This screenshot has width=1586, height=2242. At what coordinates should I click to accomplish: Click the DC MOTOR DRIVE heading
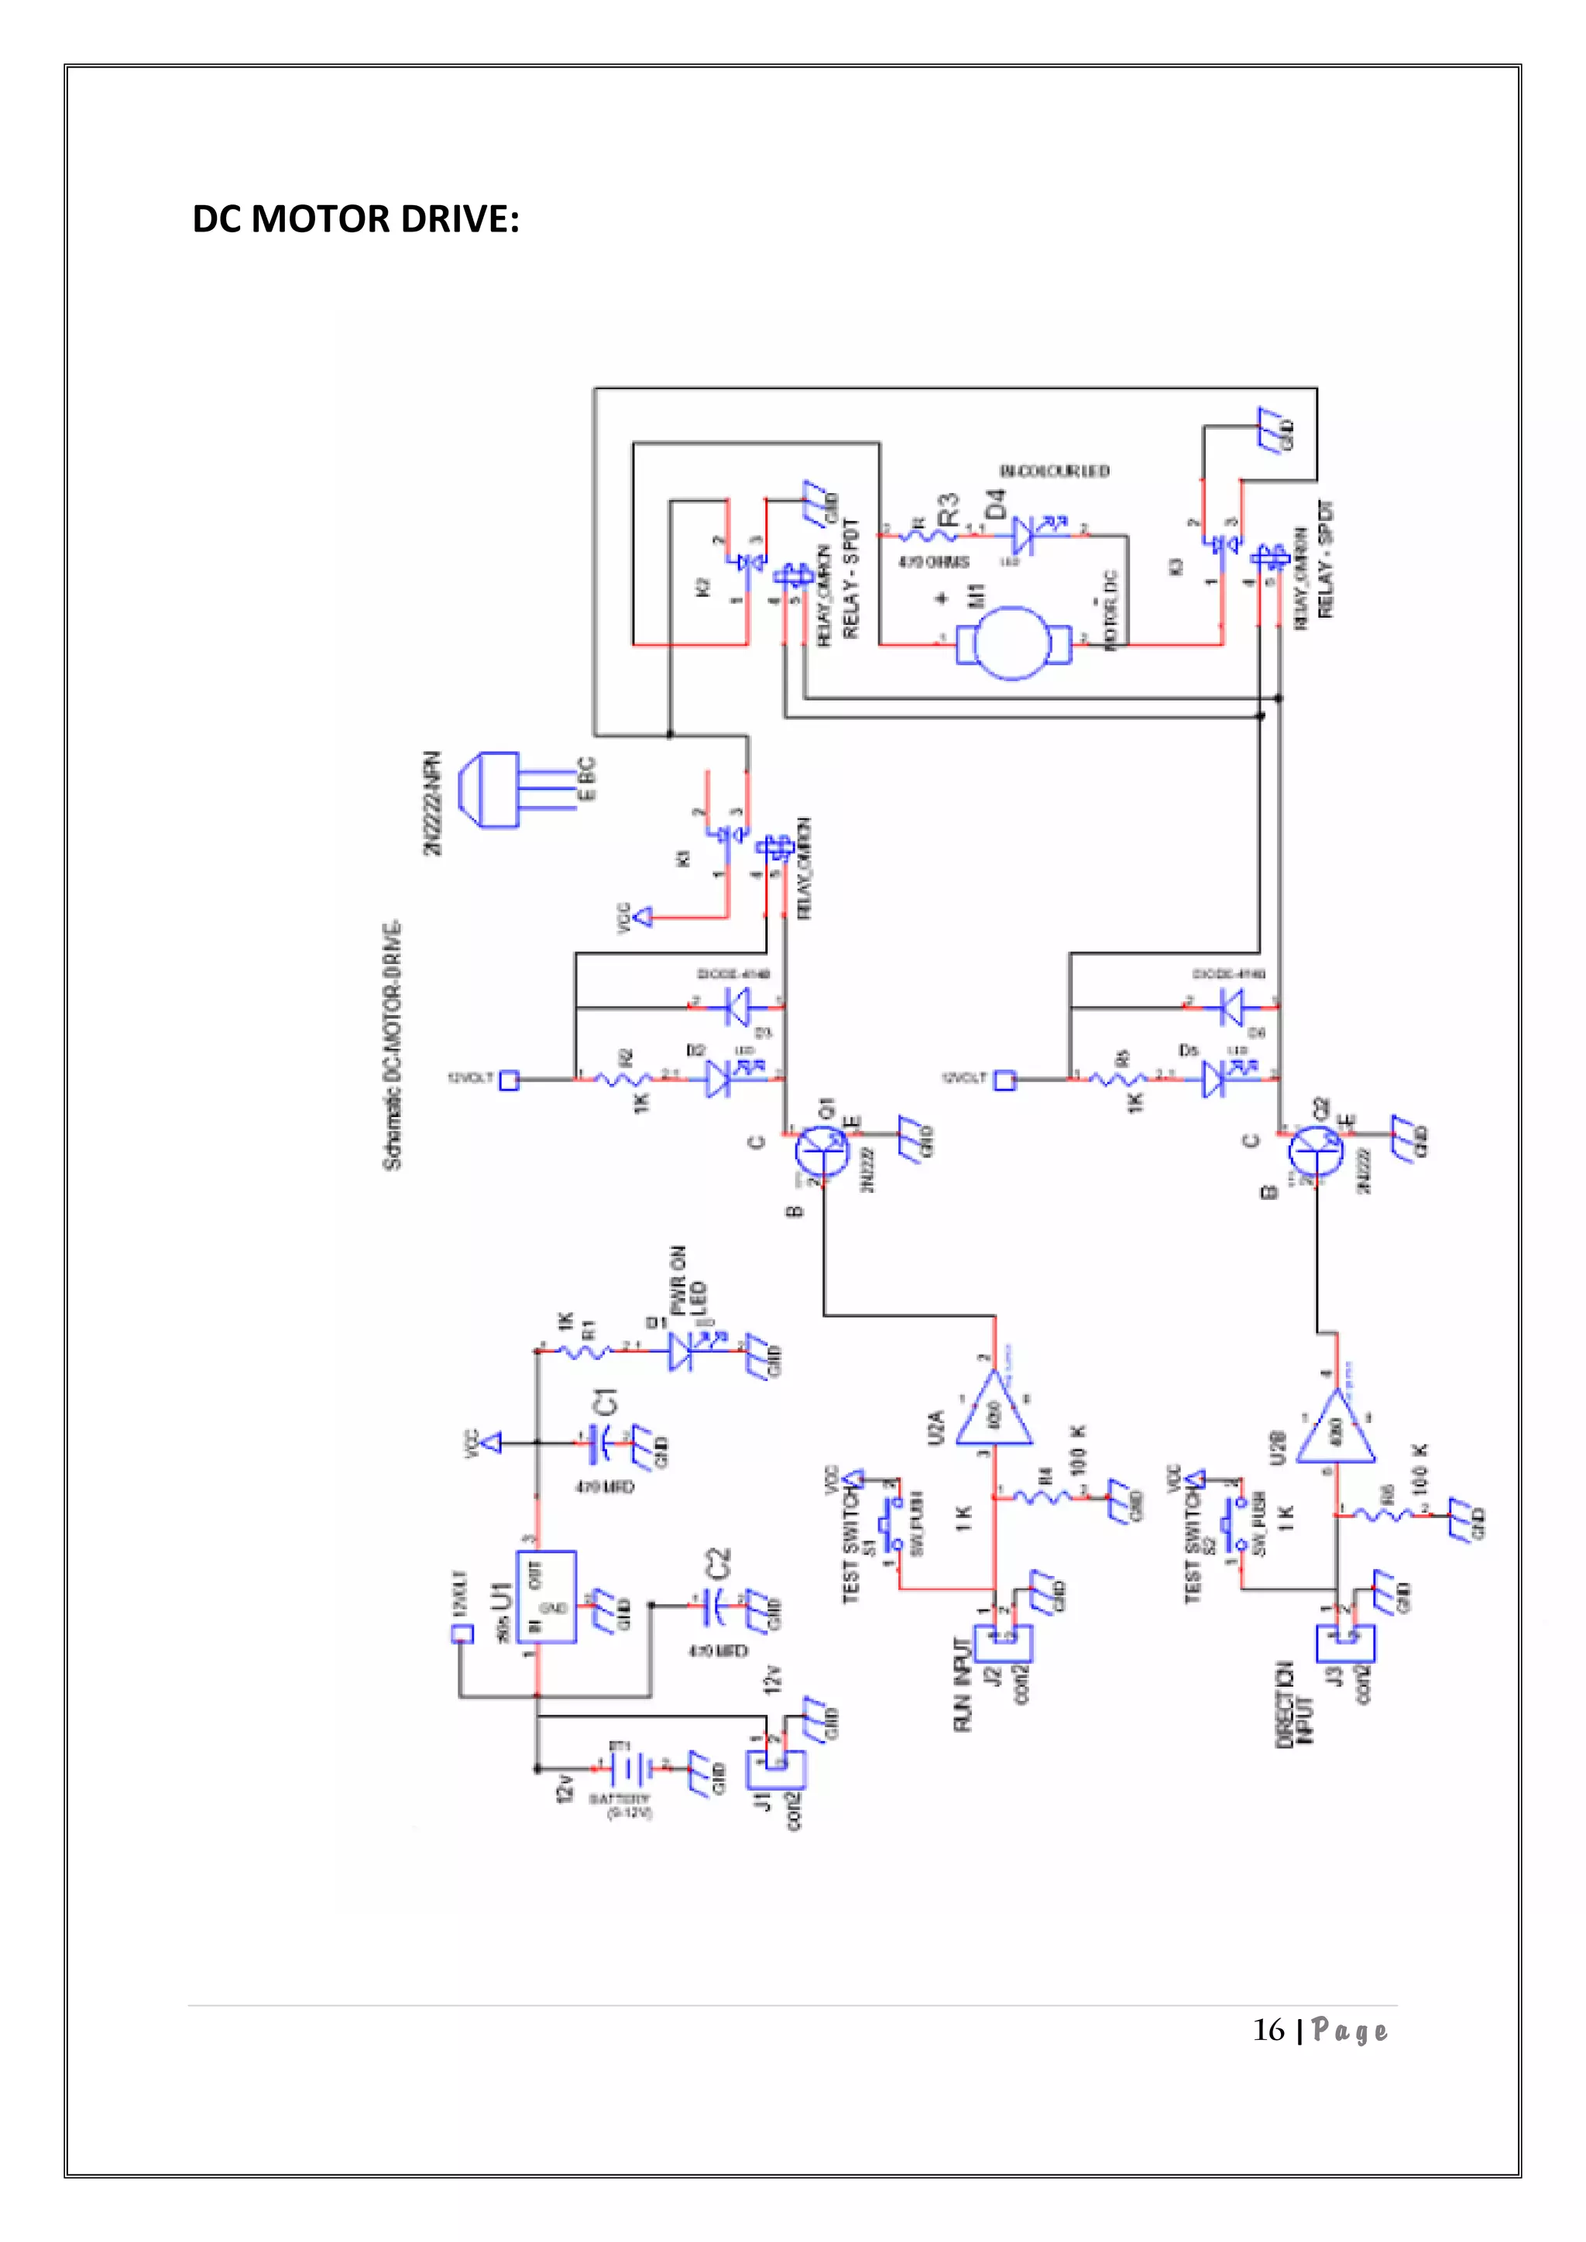coord(355,219)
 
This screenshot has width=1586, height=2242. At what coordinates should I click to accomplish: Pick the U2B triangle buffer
coord(1335,1430)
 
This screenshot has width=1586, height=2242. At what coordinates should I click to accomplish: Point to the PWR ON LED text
coord(688,1282)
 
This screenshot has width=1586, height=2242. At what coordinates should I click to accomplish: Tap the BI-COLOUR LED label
coord(1055,471)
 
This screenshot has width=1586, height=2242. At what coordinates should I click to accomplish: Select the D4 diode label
coord(995,504)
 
